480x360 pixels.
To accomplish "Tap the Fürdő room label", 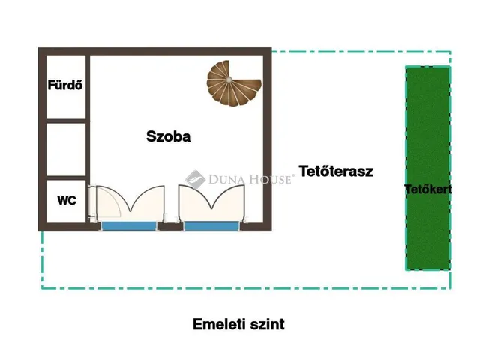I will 65,85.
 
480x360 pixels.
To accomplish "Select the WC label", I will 67,201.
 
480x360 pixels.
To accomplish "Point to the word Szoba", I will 168,136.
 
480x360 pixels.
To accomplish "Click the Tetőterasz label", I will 335,170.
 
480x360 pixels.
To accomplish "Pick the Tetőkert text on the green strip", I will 427,189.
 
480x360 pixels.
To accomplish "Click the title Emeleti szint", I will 238,324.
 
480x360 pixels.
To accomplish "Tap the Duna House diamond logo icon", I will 195,179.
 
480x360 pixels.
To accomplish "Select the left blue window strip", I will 129,225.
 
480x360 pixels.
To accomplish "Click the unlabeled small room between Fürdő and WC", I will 66,149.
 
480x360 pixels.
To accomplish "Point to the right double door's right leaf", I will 229,201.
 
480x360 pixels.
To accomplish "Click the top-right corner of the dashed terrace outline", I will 450,52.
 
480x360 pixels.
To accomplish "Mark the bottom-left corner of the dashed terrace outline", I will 42,287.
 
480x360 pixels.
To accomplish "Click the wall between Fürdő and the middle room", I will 66,120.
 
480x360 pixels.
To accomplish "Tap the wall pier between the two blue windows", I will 170,225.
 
